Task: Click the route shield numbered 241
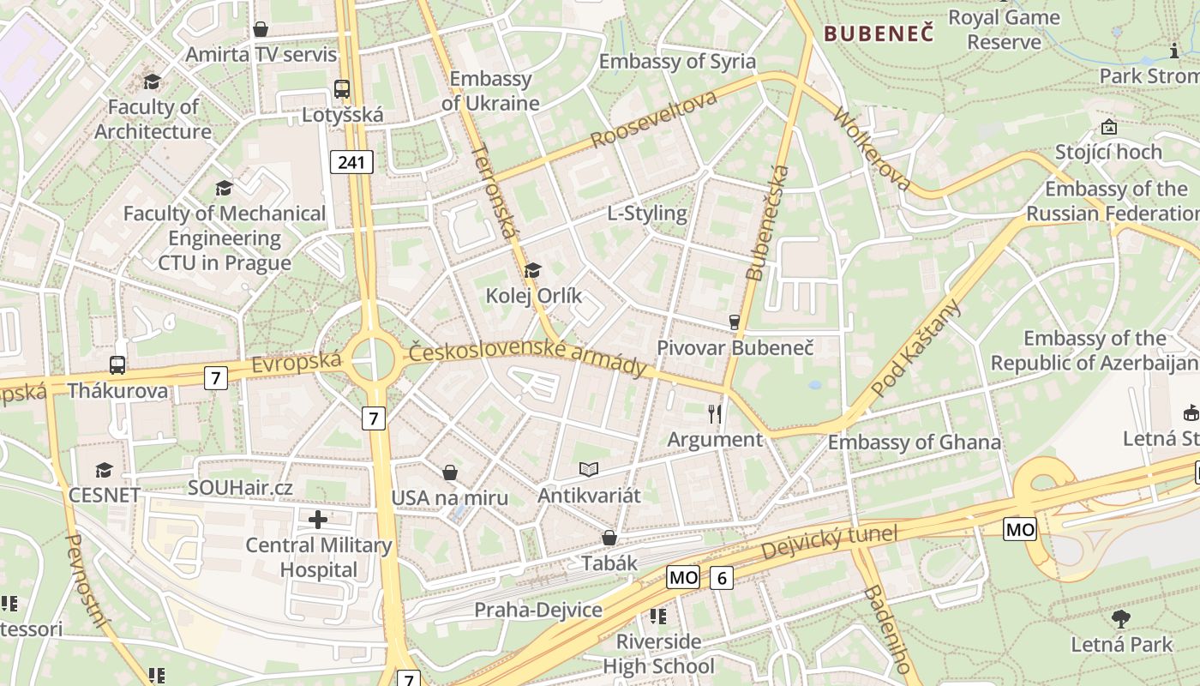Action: pos(351,162)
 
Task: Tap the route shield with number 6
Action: pos(722,578)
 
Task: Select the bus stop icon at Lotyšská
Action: pos(342,88)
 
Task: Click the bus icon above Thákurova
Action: pos(117,364)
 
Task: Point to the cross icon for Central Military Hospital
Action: pos(318,519)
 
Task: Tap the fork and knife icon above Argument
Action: pos(715,414)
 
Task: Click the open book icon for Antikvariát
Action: pos(588,469)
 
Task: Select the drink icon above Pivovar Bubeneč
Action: pos(734,322)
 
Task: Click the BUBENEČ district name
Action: pos(879,33)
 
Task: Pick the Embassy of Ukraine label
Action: pos(491,91)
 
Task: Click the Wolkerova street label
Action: pos(871,149)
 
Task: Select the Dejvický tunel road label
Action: pos(829,542)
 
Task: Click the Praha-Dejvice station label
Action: pos(538,611)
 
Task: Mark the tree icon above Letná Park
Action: pos(1120,618)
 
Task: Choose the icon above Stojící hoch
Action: pos(1109,128)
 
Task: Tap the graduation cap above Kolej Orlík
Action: pos(533,270)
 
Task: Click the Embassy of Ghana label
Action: pos(914,442)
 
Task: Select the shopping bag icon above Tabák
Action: pos(609,538)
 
